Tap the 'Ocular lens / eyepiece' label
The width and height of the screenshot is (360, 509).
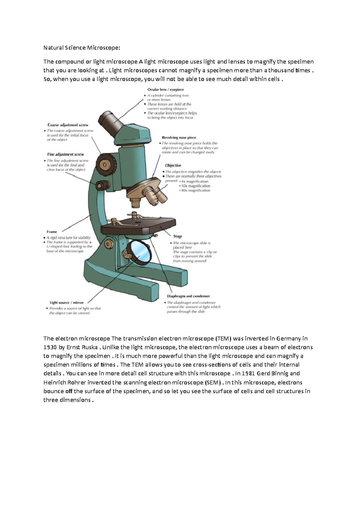tap(165, 89)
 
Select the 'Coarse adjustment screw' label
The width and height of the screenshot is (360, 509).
tap(68, 125)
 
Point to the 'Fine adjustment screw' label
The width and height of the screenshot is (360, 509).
tap(65, 154)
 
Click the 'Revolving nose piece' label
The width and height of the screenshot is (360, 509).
tap(179, 138)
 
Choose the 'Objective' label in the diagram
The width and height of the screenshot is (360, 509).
tap(173, 165)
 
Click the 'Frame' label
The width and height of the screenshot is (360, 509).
tap(52, 232)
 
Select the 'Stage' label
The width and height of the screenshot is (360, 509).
tap(178, 237)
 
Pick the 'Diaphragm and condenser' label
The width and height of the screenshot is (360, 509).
tap(188, 296)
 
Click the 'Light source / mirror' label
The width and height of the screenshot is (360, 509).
tap(67, 303)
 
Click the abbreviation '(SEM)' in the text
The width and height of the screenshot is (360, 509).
tap(212, 382)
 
